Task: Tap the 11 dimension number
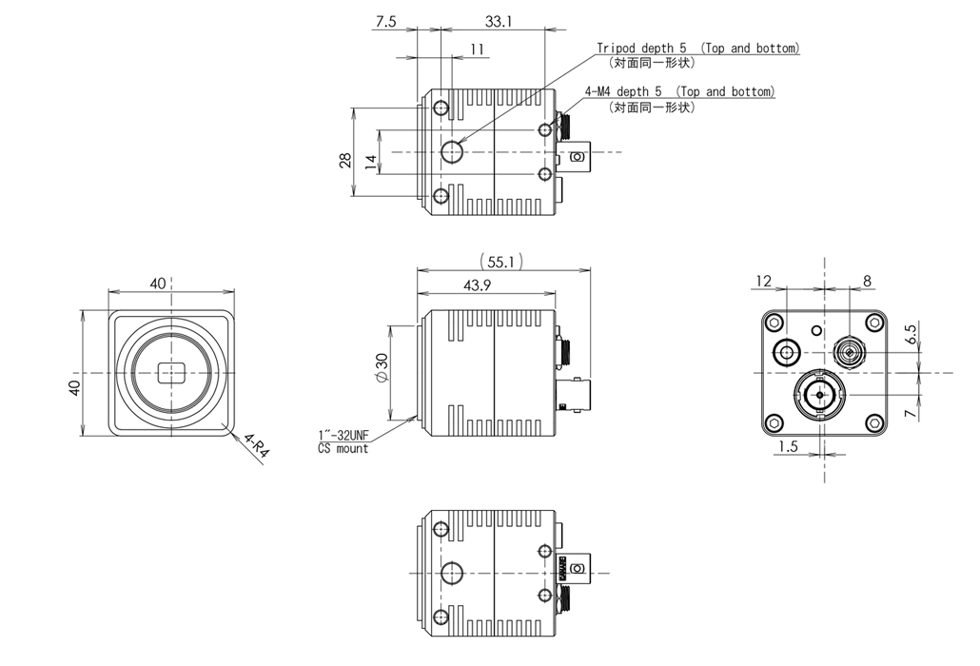(477, 49)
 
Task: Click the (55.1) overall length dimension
(503, 261)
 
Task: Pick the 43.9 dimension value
(484, 285)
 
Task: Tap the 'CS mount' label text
(343, 448)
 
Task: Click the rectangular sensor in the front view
(171, 373)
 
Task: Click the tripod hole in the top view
(454, 150)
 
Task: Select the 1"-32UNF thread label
(344, 436)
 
